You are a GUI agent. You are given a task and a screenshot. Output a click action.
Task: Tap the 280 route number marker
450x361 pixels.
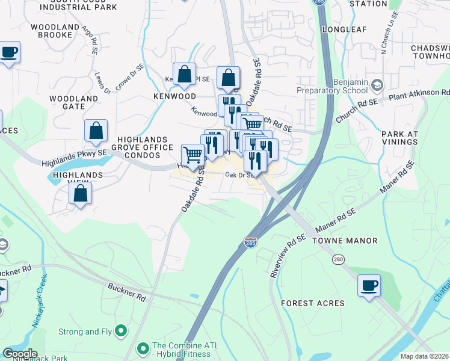click(339, 259)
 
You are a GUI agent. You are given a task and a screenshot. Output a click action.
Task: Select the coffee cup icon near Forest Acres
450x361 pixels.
click(369, 285)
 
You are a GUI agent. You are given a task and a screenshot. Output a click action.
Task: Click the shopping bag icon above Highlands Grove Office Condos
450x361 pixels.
click(96, 131)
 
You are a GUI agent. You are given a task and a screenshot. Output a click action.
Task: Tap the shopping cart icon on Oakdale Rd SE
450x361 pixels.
click(193, 155)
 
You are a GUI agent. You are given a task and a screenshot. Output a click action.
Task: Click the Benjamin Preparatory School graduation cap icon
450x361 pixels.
click(377, 85)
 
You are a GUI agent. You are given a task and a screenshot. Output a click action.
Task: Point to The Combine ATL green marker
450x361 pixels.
click(143, 348)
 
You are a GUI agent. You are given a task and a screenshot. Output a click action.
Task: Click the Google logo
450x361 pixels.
click(20, 354)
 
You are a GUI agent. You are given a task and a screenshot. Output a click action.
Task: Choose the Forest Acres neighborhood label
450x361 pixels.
click(313, 303)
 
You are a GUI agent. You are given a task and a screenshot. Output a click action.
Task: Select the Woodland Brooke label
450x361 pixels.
click(55, 31)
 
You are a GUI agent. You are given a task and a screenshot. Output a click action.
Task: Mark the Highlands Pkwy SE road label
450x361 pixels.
click(73, 158)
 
